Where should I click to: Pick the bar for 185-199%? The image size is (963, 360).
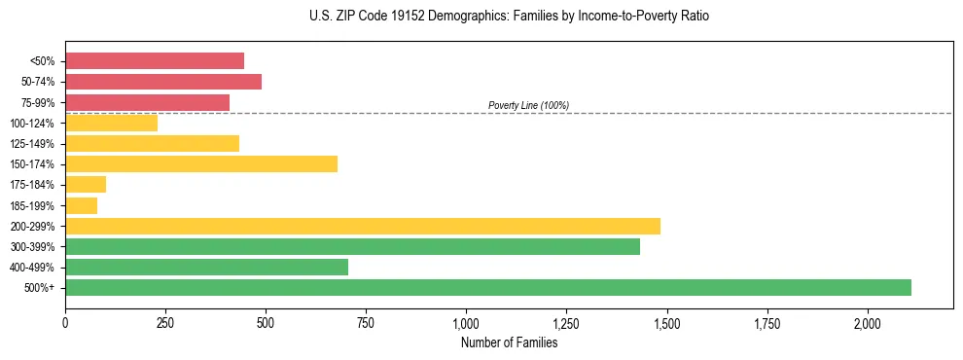tap(82, 205)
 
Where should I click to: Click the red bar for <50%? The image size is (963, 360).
tap(155, 61)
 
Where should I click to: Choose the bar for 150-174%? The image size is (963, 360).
tap(201, 163)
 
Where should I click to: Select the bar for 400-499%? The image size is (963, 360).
tap(206, 267)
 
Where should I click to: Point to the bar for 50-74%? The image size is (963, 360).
tap(163, 82)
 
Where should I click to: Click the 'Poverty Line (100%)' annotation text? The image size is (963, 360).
tap(528, 105)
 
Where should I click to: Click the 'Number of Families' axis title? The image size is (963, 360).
tap(509, 342)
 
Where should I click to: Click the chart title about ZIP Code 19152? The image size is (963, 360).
tap(509, 17)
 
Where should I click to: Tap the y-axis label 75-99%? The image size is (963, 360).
tap(38, 103)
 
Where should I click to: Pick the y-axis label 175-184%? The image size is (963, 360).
tap(33, 185)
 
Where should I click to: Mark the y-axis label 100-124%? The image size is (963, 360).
tap(33, 124)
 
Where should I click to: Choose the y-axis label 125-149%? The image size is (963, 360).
tap(33, 144)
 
